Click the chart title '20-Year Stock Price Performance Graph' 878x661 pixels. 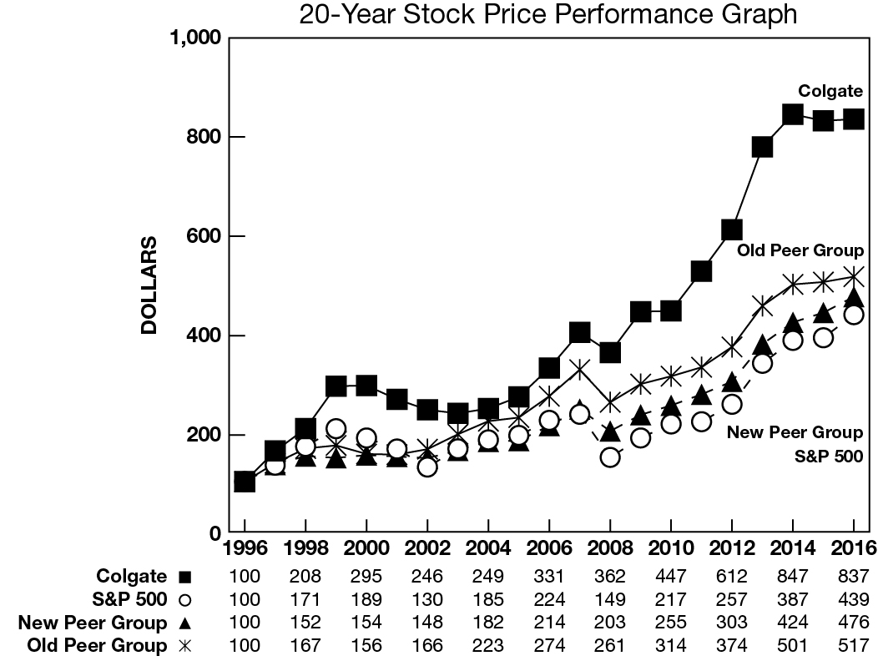548,14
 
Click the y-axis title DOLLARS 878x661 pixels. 149,285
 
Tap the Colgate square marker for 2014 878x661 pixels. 792,114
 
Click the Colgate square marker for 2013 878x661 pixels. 762,147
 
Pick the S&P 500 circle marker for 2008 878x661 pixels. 610,457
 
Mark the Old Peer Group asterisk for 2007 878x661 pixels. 580,369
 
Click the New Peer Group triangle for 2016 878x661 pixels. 853,299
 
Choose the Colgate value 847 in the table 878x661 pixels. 792,577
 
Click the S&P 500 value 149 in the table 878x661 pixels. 610,599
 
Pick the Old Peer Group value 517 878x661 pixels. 853,645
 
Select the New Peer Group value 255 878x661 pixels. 671,623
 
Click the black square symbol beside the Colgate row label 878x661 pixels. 185,577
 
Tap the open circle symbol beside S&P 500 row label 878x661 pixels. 185,599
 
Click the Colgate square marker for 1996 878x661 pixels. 245,482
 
